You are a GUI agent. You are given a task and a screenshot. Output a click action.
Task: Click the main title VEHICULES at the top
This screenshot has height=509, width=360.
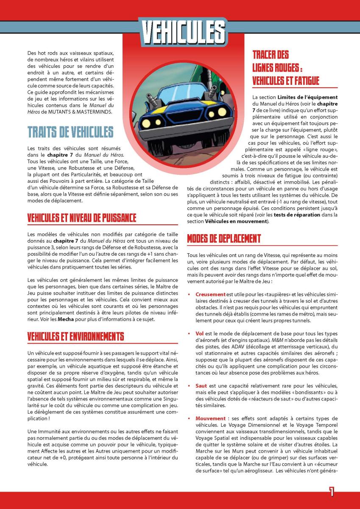point(183,31)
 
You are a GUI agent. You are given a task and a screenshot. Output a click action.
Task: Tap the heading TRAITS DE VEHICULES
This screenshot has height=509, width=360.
point(70,132)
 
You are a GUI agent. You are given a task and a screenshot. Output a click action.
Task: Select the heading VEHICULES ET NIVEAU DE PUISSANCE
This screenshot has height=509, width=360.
point(82,218)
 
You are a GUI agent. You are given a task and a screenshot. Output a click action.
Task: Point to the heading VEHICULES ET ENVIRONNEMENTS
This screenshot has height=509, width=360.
point(75,337)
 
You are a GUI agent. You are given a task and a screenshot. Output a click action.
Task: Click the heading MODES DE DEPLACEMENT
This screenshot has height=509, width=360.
point(224,238)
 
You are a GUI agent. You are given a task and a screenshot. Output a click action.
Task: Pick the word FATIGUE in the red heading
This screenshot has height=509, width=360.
point(304,80)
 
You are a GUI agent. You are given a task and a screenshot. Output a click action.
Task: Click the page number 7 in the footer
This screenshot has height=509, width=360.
point(332,492)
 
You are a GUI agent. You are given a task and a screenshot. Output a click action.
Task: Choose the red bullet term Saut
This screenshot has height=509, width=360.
point(201,386)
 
